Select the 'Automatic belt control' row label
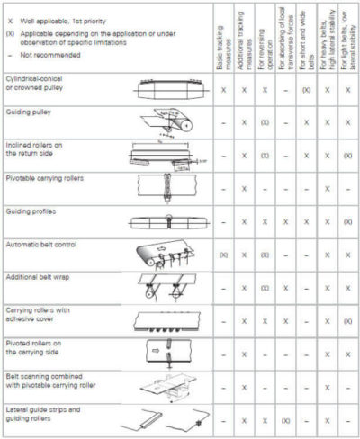pyautogui.click(x=42, y=244)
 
